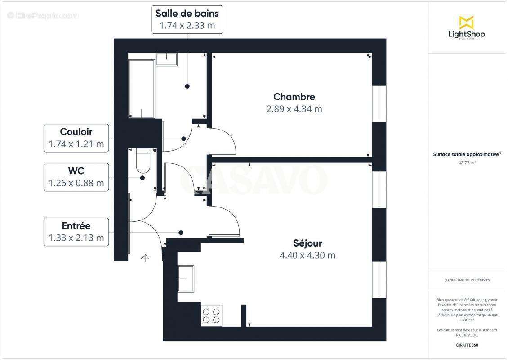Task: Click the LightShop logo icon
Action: pyautogui.click(x=466, y=22)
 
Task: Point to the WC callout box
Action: pyautogui.click(x=76, y=177)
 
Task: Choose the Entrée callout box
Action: pyautogui.click(x=76, y=232)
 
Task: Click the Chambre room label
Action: pyautogui.click(x=294, y=97)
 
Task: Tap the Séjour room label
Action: pyautogui.click(x=307, y=243)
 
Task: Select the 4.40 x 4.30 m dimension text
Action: pyautogui.click(x=307, y=256)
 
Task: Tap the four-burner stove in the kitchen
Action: pyautogui.click(x=211, y=315)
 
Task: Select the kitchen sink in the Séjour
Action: pyautogui.click(x=186, y=279)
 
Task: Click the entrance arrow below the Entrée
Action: pyautogui.click(x=145, y=258)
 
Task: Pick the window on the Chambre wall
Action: pyautogui.click(x=379, y=104)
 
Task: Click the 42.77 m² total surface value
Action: pyautogui.click(x=466, y=163)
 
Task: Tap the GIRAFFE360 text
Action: pyautogui.click(x=466, y=345)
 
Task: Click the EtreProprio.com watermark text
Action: pyautogui.click(x=43, y=15)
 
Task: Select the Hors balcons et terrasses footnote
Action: pyautogui.click(x=467, y=280)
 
